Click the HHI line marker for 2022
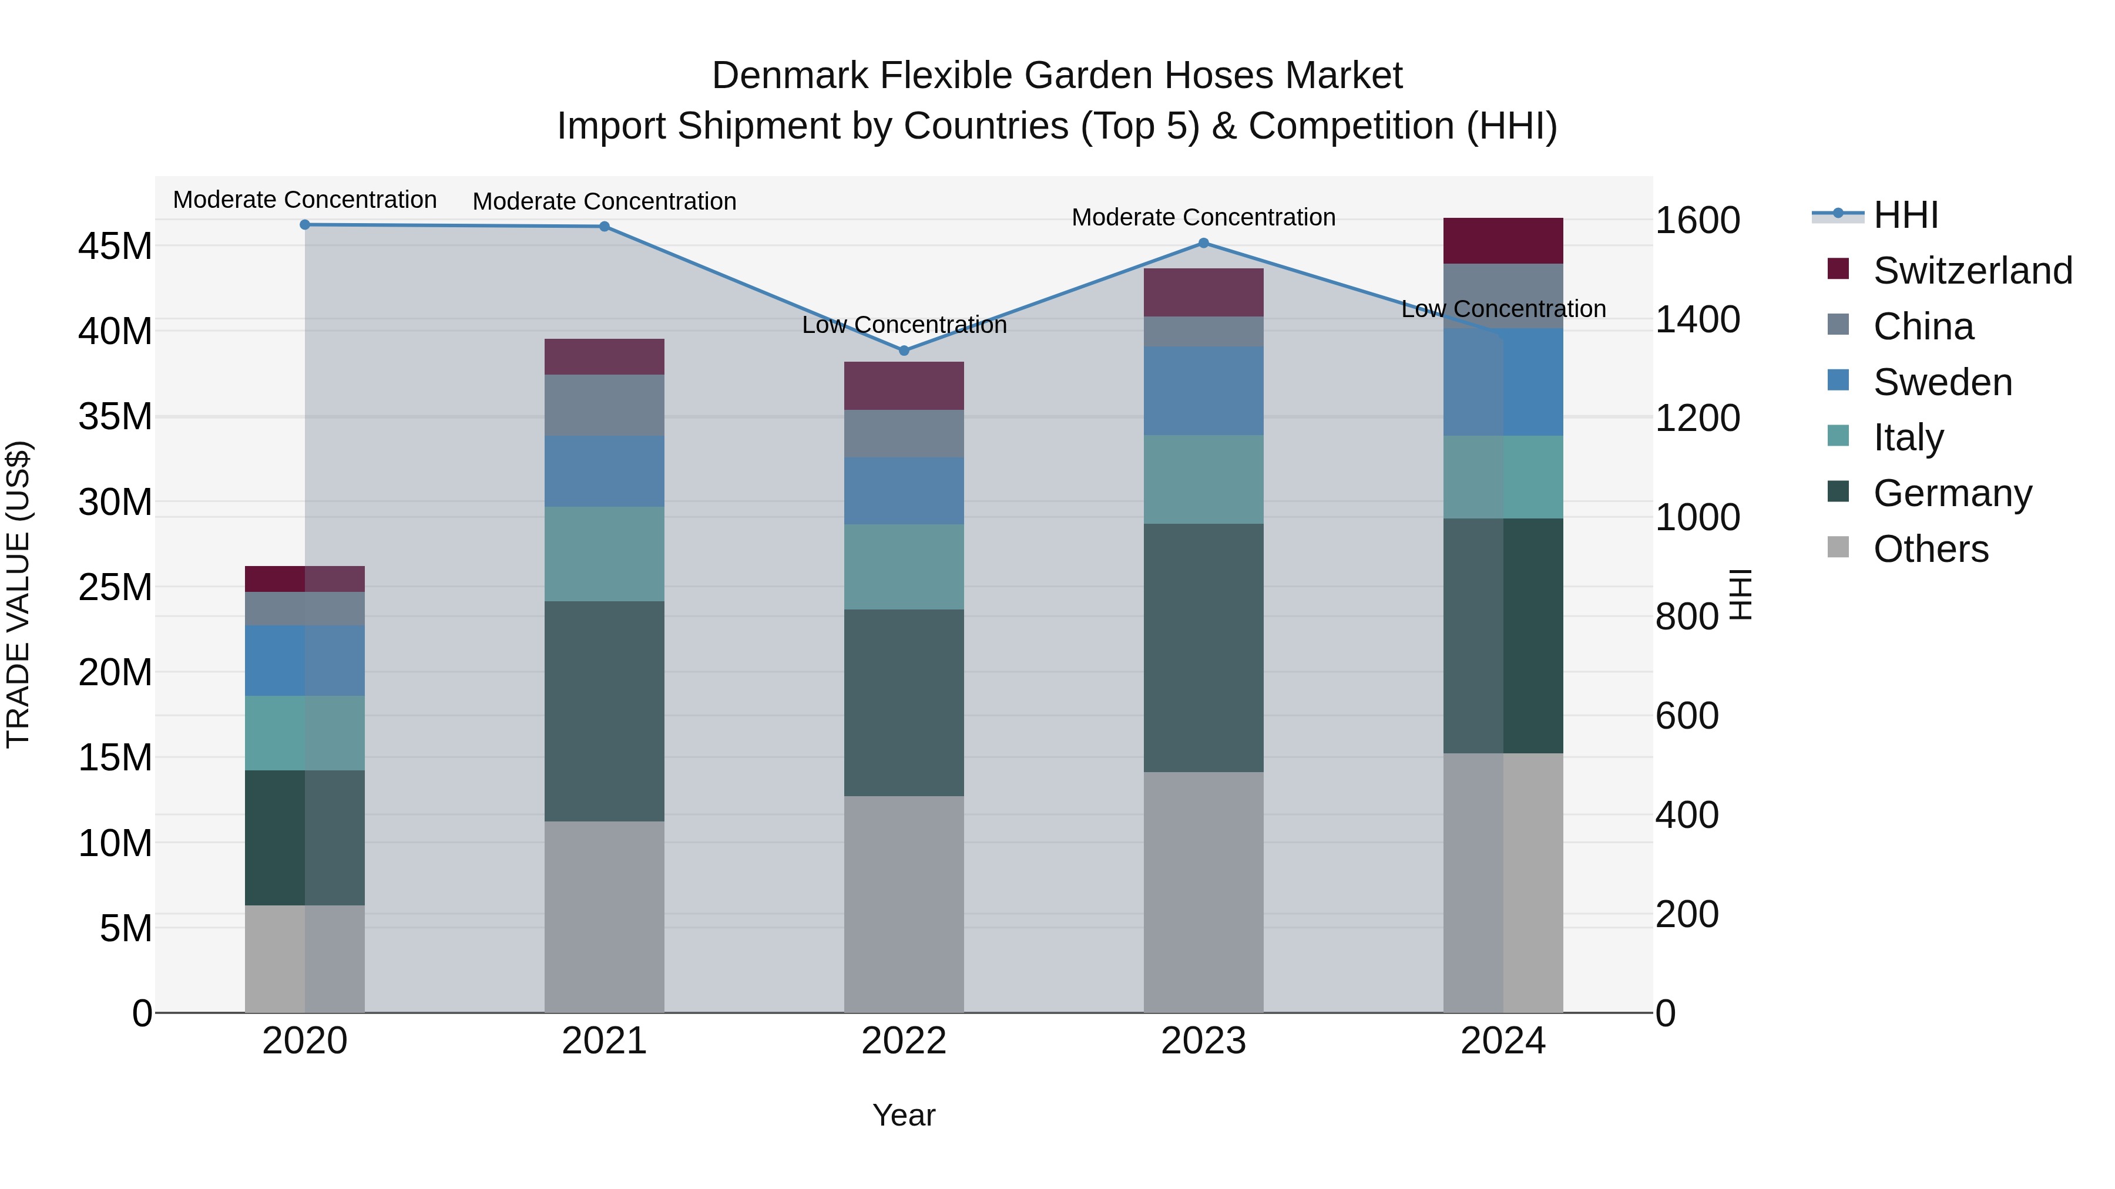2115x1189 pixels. pyautogui.click(x=904, y=351)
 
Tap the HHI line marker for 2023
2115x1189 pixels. pyautogui.click(x=1204, y=243)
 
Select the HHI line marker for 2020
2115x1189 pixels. pyautogui.click(x=304, y=225)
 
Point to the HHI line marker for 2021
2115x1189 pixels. pyautogui.click(x=605, y=227)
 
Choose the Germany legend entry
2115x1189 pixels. pyautogui.click(x=1952, y=493)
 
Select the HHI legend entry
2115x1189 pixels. pyautogui.click(x=1905, y=215)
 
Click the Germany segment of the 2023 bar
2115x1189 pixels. pyautogui.click(x=1204, y=648)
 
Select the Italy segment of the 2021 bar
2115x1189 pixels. pyautogui.click(x=605, y=554)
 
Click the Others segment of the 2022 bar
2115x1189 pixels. pyautogui.click(x=904, y=904)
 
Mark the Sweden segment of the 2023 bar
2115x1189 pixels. pyautogui.click(x=1204, y=390)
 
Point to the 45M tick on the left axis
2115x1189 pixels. pyautogui.click(x=116, y=246)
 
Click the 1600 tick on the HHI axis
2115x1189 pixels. pyautogui.click(x=1697, y=220)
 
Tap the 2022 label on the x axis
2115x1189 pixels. pyautogui.click(x=904, y=1041)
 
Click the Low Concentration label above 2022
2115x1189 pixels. pyautogui.click(x=904, y=325)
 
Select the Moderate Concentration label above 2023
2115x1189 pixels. pyautogui.click(x=1204, y=217)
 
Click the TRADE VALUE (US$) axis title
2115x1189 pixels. pyautogui.click(x=18, y=594)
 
